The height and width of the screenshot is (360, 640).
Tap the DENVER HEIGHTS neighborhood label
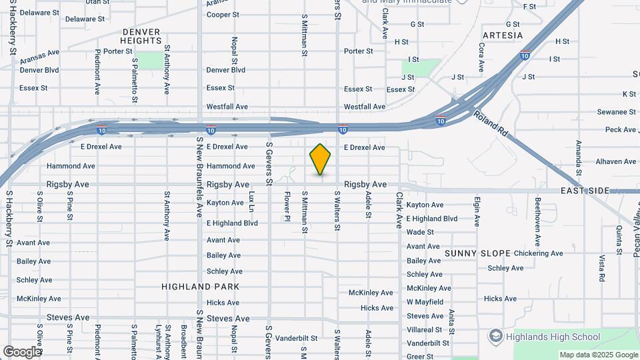point(141,36)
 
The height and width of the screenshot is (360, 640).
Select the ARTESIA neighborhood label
point(502,35)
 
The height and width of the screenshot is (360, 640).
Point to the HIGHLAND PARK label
point(191,287)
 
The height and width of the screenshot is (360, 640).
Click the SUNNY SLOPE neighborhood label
point(477,253)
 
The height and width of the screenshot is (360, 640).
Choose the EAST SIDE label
point(585,191)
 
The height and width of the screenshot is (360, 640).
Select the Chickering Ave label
point(538,253)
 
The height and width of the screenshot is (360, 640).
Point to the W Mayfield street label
point(425,302)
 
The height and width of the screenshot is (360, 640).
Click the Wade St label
point(420,232)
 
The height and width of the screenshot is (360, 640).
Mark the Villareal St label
point(424,329)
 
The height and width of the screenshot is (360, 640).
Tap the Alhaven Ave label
point(616,161)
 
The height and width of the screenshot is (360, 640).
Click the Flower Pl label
point(287,206)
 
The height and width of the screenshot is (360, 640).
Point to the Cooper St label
point(223,15)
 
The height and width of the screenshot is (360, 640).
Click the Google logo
point(21,351)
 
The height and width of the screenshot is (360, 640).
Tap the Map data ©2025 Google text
point(598,355)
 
